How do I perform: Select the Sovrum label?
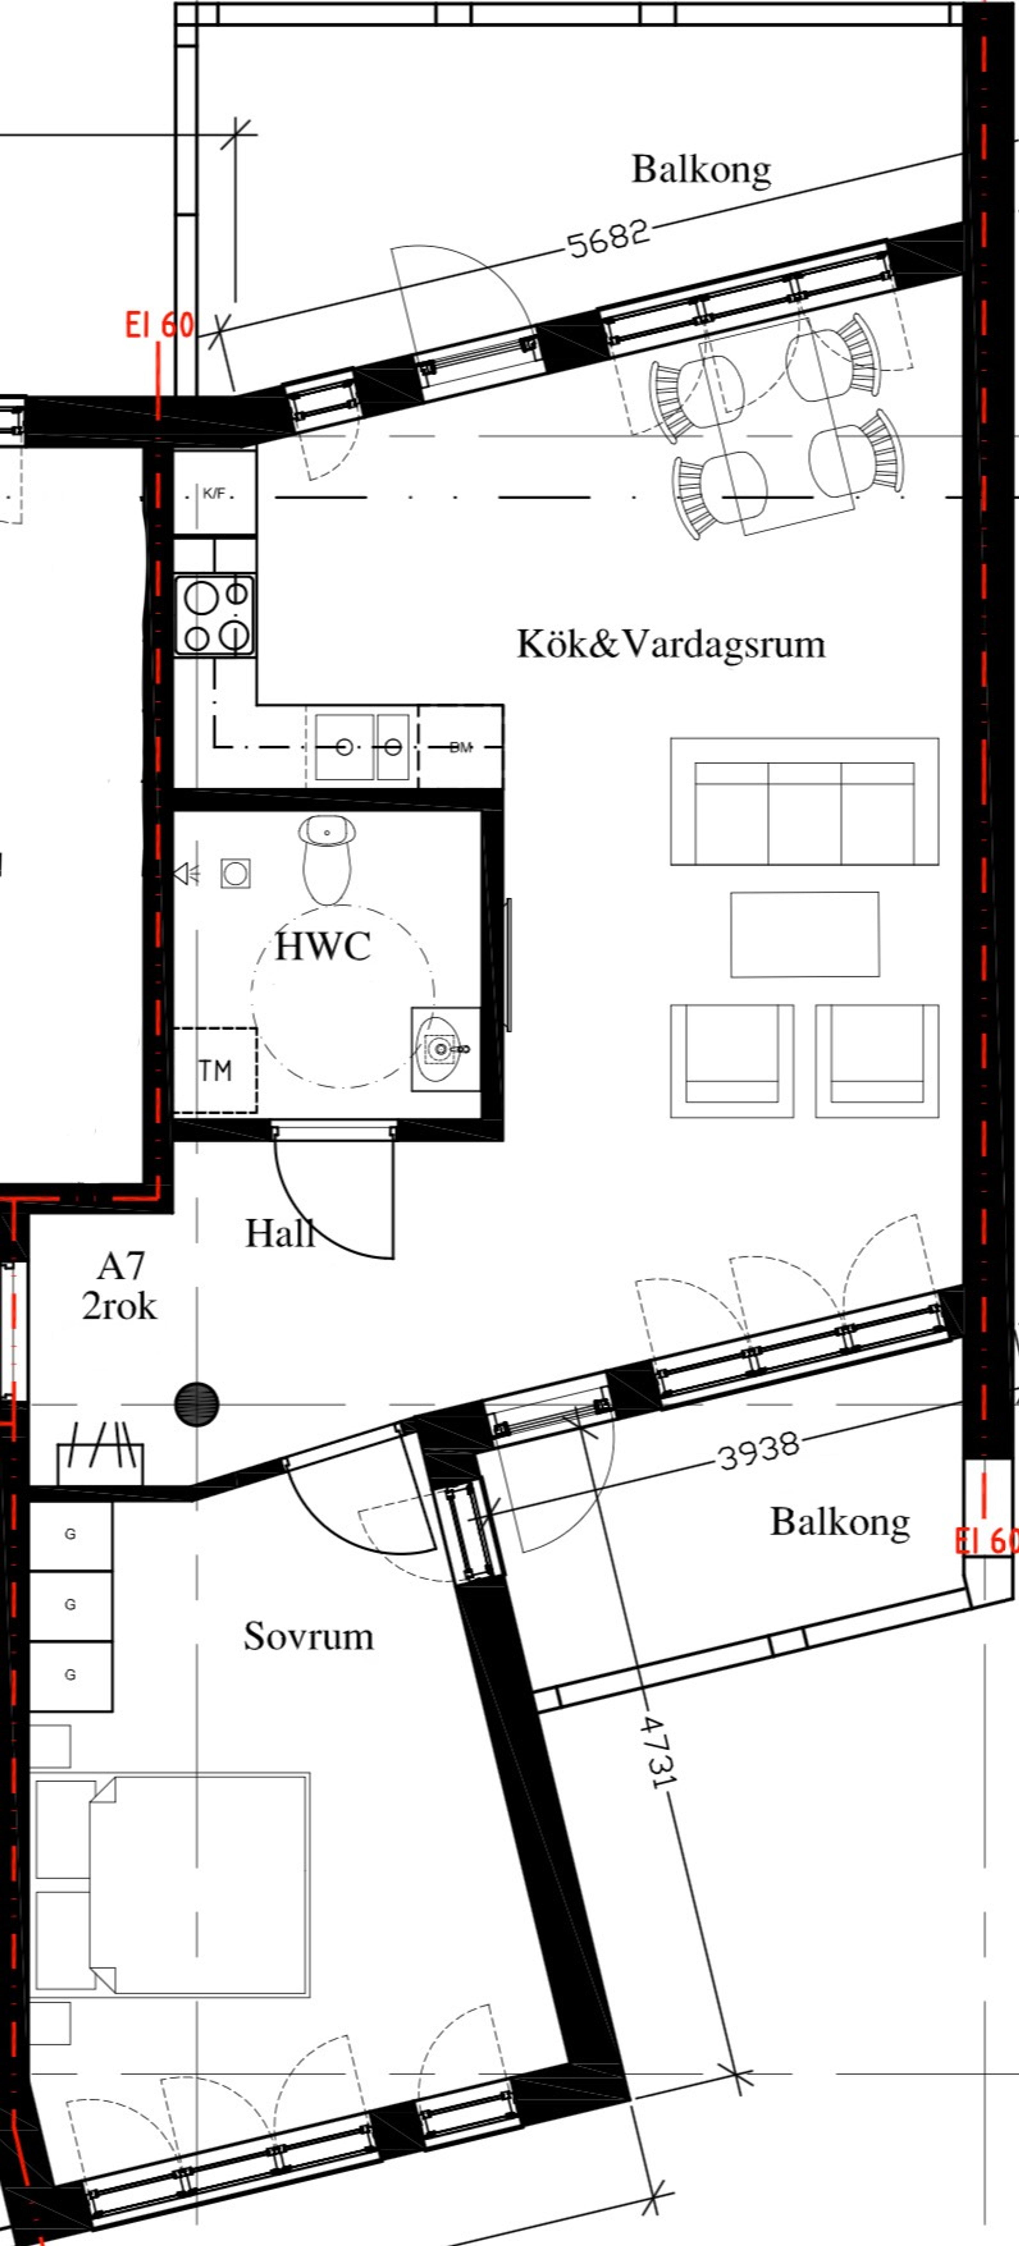tap(308, 1637)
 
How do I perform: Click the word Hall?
tap(279, 1234)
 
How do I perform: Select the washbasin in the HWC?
tap(443, 1049)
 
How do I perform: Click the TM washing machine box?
tap(215, 1070)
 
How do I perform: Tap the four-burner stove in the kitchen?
tap(215, 615)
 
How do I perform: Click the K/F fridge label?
tap(214, 494)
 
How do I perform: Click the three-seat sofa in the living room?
tap(804, 802)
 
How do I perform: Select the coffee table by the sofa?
tap(804, 934)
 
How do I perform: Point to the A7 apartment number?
tap(120, 1266)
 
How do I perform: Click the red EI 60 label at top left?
tap(159, 325)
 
